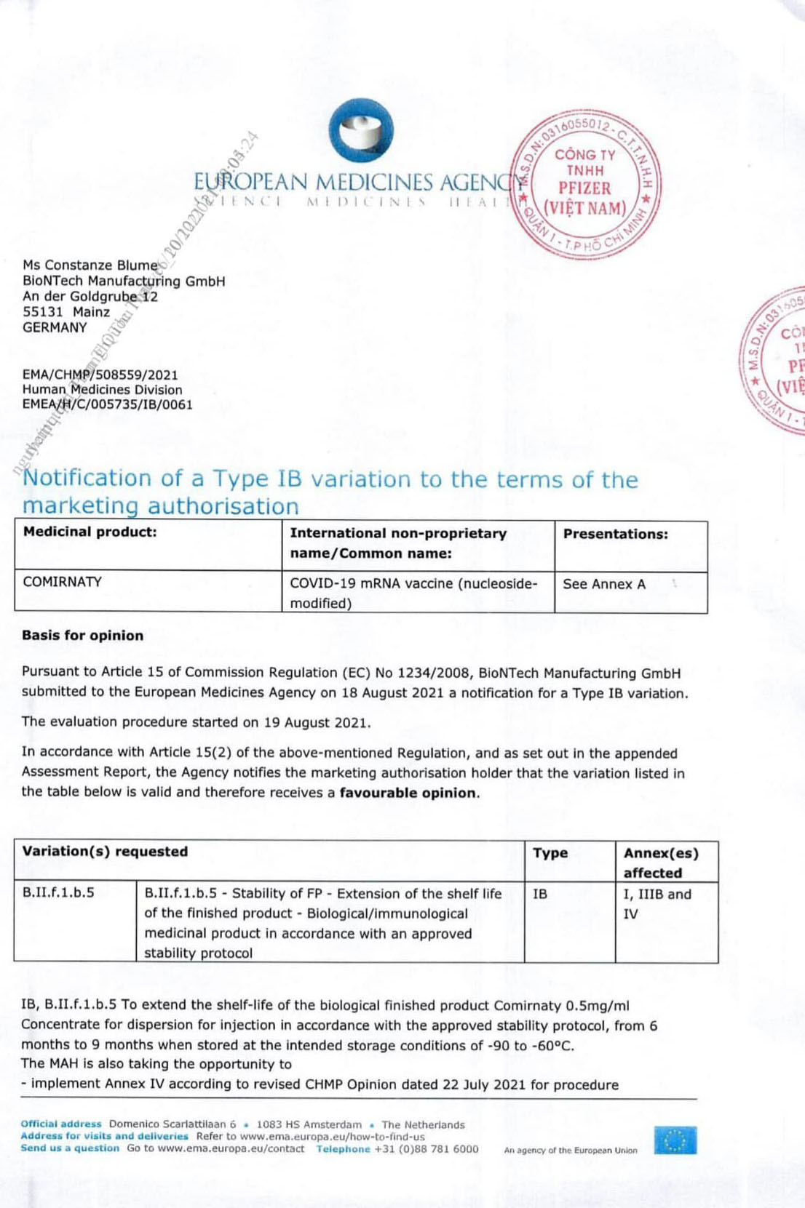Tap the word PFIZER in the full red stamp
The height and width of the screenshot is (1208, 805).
tap(584, 188)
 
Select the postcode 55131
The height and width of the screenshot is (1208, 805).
tap(43, 312)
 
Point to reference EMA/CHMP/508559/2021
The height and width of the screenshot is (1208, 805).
tap(100, 375)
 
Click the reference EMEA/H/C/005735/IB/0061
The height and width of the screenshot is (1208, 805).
tap(107, 404)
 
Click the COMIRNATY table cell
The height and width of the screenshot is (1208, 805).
tap(63, 582)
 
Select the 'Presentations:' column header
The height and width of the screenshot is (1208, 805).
tap(615, 534)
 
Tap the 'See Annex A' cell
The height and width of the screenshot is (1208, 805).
tap(603, 584)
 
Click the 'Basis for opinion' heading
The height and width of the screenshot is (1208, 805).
tap(82, 636)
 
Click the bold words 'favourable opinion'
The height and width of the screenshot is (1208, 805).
tap(408, 793)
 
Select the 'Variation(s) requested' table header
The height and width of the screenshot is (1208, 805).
tap(105, 852)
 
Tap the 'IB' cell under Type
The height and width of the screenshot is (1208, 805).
tap(539, 894)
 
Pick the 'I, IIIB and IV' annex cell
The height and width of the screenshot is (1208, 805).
tap(657, 903)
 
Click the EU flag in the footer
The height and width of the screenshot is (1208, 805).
tap(675, 1140)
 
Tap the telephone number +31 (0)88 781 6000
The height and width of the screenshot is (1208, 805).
tap(426, 1149)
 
